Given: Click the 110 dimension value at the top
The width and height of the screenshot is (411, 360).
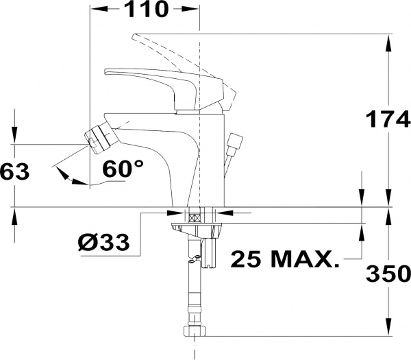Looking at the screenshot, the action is pyautogui.click(x=145, y=9).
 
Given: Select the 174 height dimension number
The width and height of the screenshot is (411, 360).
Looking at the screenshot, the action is pyautogui.click(x=388, y=119).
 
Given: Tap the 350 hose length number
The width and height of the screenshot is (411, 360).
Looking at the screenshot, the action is pyautogui.click(x=388, y=273).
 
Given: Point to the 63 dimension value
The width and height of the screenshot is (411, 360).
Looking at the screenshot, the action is pyautogui.click(x=14, y=171).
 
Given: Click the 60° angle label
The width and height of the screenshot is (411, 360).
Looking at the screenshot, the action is pyautogui.click(x=123, y=169).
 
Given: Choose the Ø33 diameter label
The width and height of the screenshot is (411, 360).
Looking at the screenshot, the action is pyautogui.click(x=104, y=241).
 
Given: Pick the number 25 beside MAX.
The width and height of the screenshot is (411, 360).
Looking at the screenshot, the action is pyautogui.click(x=246, y=259).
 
